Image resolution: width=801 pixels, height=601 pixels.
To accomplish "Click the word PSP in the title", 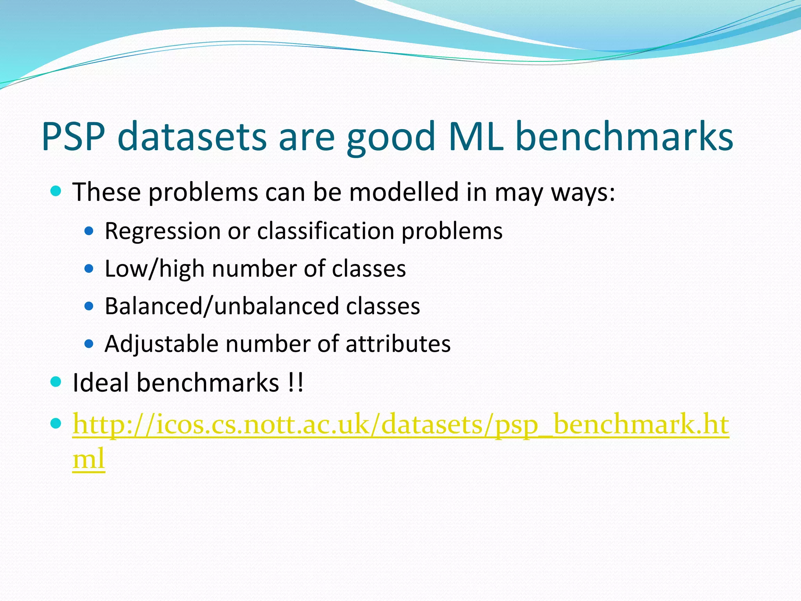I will tap(73, 136).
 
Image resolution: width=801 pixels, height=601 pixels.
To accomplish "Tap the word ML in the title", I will tap(476, 136).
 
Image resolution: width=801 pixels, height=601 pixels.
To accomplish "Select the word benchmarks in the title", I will tap(624, 136).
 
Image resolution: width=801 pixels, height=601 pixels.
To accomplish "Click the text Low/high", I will tap(154, 269).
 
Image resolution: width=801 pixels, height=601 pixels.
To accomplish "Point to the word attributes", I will tap(398, 344).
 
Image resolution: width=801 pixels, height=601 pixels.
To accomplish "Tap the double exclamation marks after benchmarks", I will tap(295, 382).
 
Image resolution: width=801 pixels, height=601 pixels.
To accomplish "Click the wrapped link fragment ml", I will tap(88, 458).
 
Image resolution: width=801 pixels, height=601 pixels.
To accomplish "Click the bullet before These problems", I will tap(56, 191).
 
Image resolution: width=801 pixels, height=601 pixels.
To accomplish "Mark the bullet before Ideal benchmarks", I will tap(56, 382).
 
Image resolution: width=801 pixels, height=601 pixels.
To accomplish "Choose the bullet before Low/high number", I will tap(89, 269).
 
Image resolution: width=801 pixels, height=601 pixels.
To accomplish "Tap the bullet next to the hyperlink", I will tap(56, 423).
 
